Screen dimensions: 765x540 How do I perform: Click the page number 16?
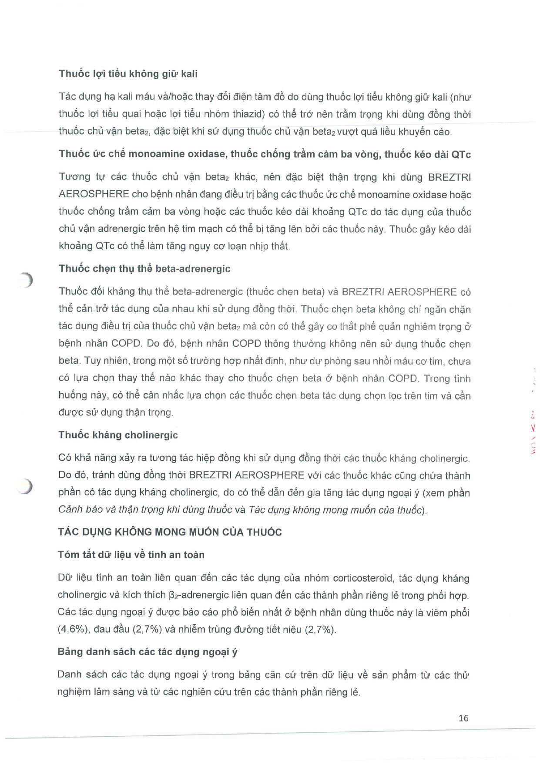pos(463,718)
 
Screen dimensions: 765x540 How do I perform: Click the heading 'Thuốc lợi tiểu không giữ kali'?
pos(128,74)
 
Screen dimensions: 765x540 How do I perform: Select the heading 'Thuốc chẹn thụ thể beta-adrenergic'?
pos(144,268)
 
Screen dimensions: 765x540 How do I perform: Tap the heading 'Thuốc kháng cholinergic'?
pos(118,435)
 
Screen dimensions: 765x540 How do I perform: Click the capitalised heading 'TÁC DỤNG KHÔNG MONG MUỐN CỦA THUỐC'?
pos(170,531)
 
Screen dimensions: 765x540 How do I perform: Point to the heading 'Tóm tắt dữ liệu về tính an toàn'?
pos(131,555)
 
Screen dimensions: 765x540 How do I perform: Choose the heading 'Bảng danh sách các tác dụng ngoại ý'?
pos(148,652)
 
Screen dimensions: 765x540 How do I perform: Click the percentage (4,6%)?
pos(71,630)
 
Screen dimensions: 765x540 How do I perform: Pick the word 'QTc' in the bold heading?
pos(461,154)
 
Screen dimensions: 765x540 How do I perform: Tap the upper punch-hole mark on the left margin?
pos(27,280)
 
